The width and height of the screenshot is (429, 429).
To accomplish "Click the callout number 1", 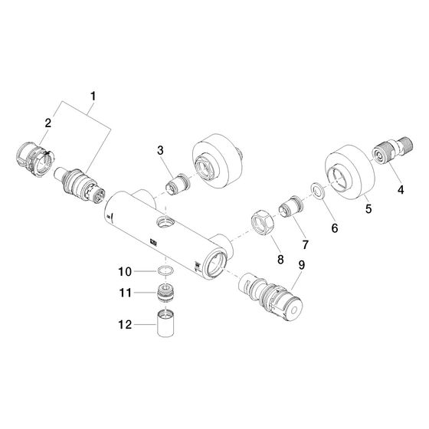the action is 93,97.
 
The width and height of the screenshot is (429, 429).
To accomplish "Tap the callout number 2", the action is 47,123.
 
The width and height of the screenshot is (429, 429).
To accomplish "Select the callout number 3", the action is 160,150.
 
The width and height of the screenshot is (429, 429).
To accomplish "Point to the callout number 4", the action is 401,190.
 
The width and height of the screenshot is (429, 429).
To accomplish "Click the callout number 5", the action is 368,208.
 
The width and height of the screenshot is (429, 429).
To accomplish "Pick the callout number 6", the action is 335,228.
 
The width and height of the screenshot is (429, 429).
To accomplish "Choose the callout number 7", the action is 306,244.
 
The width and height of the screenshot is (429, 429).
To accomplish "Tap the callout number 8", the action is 280,260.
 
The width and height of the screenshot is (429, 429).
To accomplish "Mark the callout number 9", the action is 301,265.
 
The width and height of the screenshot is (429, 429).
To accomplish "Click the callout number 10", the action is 125,272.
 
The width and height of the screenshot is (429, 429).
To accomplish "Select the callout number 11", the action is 126,293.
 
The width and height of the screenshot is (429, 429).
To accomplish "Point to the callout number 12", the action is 125,325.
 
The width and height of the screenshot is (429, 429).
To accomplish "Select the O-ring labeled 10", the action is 165,271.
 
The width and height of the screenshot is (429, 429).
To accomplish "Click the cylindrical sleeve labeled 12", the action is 165,323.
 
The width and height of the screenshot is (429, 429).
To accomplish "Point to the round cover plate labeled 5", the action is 349,172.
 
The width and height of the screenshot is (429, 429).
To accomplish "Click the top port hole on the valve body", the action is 164,221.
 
